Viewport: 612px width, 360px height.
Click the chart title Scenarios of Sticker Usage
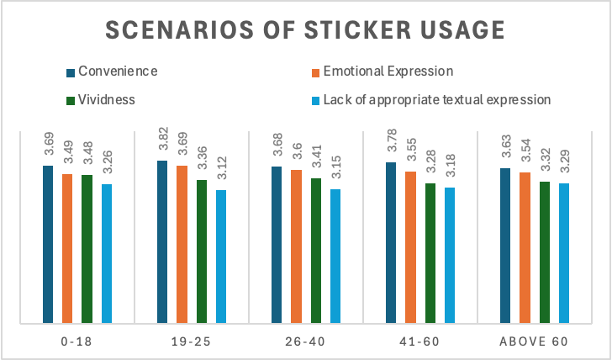pos(305,29)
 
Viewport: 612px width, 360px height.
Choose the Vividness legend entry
pos(106,99)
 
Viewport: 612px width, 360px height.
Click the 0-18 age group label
pos(76,342)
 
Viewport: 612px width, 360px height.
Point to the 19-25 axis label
pos(191,342)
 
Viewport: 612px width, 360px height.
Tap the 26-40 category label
pos(305,342)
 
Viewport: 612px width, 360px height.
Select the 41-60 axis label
pos(419,342)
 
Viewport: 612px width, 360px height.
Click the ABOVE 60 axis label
pos(534,342)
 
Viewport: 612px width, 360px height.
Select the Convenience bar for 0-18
pos(47,244)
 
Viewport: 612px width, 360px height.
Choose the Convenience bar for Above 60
pos(505,245)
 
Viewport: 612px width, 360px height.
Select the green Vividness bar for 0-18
pos(87,248)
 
